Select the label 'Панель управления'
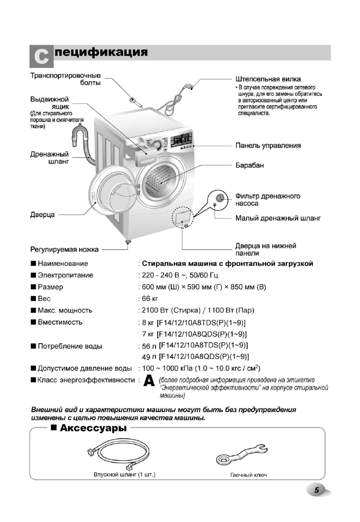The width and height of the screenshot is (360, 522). click(x=268, y=146)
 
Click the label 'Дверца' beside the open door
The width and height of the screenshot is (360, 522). click(x=42, y=215)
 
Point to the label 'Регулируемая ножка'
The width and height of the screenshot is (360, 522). click(x=64, y=249)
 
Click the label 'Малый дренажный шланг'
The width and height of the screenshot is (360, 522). click(x=278, y=218)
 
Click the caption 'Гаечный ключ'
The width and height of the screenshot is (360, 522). click(x=248, y=475)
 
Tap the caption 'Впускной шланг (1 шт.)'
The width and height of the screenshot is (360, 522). click(x=125, y=475)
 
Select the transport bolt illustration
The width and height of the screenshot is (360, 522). click(x=135, y=102)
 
